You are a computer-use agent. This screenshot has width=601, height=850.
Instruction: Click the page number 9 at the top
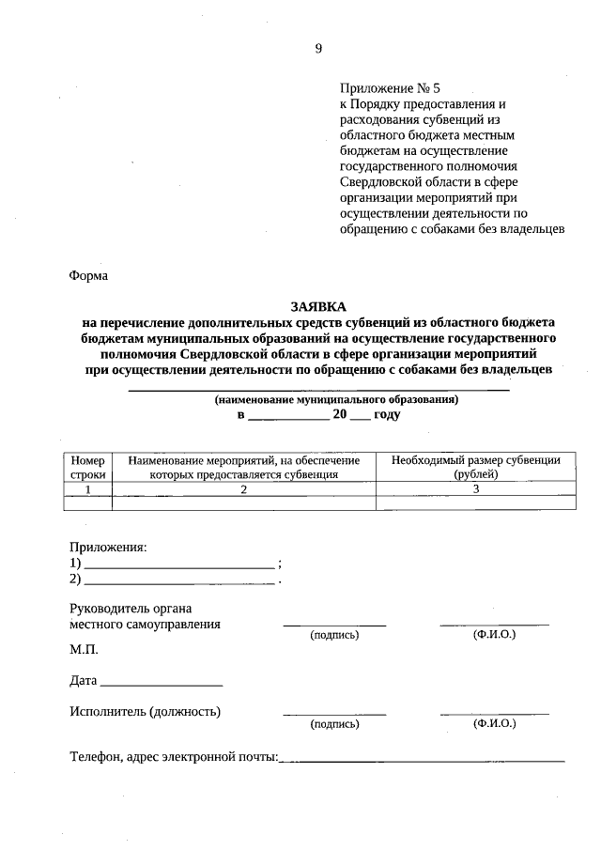(x=318, y=48)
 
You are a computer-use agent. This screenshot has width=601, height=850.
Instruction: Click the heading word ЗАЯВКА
(x=318, y=306)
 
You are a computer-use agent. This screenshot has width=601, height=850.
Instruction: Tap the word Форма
(x=89, y=276)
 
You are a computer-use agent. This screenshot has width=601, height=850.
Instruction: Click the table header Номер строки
(x=88, y=467)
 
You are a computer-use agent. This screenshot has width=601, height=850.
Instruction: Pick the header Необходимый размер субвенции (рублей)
(x=475, y=467)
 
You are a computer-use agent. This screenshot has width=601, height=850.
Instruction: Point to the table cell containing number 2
(x=243, y=488)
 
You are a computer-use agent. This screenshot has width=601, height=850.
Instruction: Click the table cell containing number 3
(x=475, y=488)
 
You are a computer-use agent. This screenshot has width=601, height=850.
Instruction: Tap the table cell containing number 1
(x=88, y=488)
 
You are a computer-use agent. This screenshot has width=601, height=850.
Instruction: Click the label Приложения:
(x=108, y=547)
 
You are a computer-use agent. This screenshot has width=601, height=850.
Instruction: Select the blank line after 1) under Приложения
(x=179, y=566)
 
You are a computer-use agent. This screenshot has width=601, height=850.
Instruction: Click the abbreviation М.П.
(x=84, y=649)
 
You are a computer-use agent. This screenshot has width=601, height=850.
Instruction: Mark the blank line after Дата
(x=161, y=683)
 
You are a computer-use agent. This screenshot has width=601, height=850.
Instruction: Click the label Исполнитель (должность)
(x=145, y=711)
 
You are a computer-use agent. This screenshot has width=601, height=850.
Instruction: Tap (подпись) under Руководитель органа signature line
(x=334, y=636)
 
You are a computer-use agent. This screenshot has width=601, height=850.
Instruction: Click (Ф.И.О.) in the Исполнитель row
(x=494, y=724)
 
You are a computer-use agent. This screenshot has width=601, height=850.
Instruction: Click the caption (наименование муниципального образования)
(x=335, y=399)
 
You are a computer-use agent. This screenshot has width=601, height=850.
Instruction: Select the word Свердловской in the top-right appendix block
(x=378, y=182)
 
